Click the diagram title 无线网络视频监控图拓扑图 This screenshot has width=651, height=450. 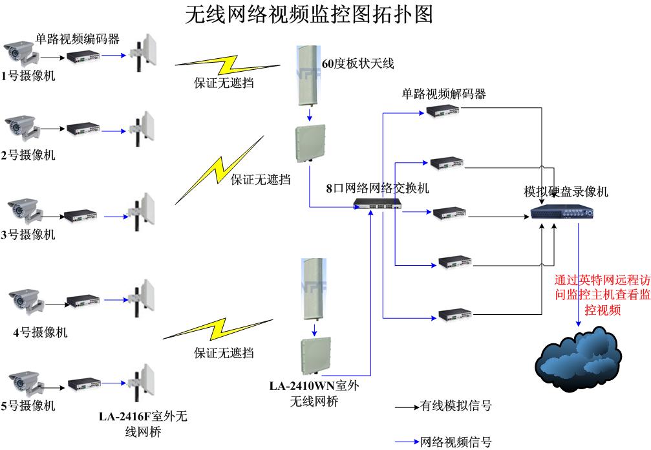point(309,14)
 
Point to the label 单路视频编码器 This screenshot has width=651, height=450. point(78,39)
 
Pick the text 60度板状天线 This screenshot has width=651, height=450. point(358,63)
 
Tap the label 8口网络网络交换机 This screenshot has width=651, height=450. point(378,188)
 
